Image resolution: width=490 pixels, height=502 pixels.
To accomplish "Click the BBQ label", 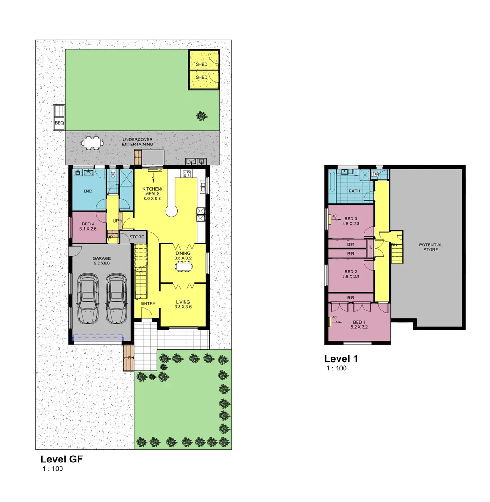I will click(x=59, y=123).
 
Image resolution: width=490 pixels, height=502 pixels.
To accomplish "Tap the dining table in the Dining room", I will click(x=183, y=266).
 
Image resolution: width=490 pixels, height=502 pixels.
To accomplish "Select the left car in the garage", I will click(x=87, y=298).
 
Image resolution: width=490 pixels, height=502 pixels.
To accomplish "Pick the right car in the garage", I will click(x=116, y=298).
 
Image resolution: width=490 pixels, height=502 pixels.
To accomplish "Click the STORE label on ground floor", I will click(x=137, y=237).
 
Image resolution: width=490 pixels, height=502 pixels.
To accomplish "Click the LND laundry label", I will click(x=88, y=192).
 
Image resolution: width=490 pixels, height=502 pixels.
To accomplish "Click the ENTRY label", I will click(x=148, y=304).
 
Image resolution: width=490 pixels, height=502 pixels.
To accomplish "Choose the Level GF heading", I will click(x=61, y=459).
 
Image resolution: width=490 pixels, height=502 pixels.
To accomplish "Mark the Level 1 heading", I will click(x=341, y=358).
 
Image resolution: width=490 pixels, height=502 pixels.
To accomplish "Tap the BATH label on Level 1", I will click(x=355, y=191).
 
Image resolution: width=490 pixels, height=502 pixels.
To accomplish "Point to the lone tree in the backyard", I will click(x=202, y=115).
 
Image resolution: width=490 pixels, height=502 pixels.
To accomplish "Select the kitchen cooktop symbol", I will click(x=187, y=174).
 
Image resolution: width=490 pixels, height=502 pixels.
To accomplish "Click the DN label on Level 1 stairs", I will click(x=394, y=244).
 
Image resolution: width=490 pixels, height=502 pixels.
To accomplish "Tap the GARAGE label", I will click(x=101, y=258).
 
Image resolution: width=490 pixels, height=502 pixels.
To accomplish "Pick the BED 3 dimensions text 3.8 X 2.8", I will click(x=351, y=224).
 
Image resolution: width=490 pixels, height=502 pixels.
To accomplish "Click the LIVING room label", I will click(x=183, y=302).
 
